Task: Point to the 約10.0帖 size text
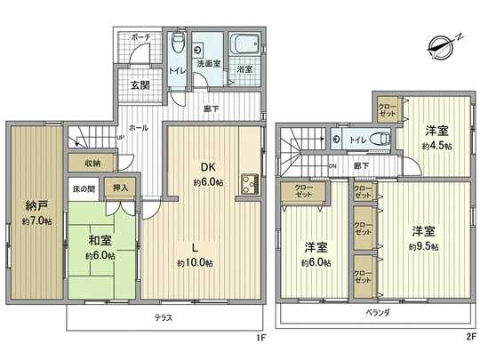[194, 263]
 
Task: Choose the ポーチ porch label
[140, 39]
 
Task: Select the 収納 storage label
[93, 163]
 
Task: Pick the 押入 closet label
[120, 188]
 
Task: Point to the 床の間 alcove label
[84, 188]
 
